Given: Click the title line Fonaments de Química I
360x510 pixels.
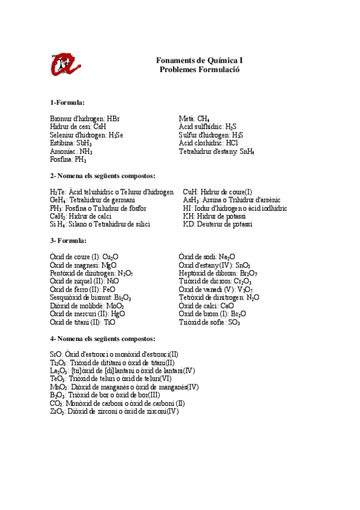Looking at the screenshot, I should pyautogui.click(x=199, y=61).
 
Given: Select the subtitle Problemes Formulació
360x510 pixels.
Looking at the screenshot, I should pyautogui.click(x=200, y=70).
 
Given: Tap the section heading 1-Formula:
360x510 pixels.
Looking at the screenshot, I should pyautogui.click(x=67, y=103).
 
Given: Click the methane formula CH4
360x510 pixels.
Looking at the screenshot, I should pyautogui.click(x=203, y=119).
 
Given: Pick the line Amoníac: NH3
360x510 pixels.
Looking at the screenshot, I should pyautogui.click(x=72, y=152).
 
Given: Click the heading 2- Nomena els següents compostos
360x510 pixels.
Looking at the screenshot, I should pyautogui.click(x=103, y=176).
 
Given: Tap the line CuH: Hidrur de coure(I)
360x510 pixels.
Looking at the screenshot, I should pyautogui.click(x=218, y=192).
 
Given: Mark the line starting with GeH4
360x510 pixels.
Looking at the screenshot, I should pyautogui.click(x=93, y=200).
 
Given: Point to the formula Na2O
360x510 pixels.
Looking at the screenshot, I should pyautogui.click(x=227, y=257).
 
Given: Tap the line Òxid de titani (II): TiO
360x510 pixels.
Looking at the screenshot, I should pyautogui.click(x=83, y=322).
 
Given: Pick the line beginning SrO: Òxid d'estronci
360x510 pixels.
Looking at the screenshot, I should pyautogui.click(x=114, y=355).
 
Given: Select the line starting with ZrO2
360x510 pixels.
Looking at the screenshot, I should pyautogui.click(x=114, y=412).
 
